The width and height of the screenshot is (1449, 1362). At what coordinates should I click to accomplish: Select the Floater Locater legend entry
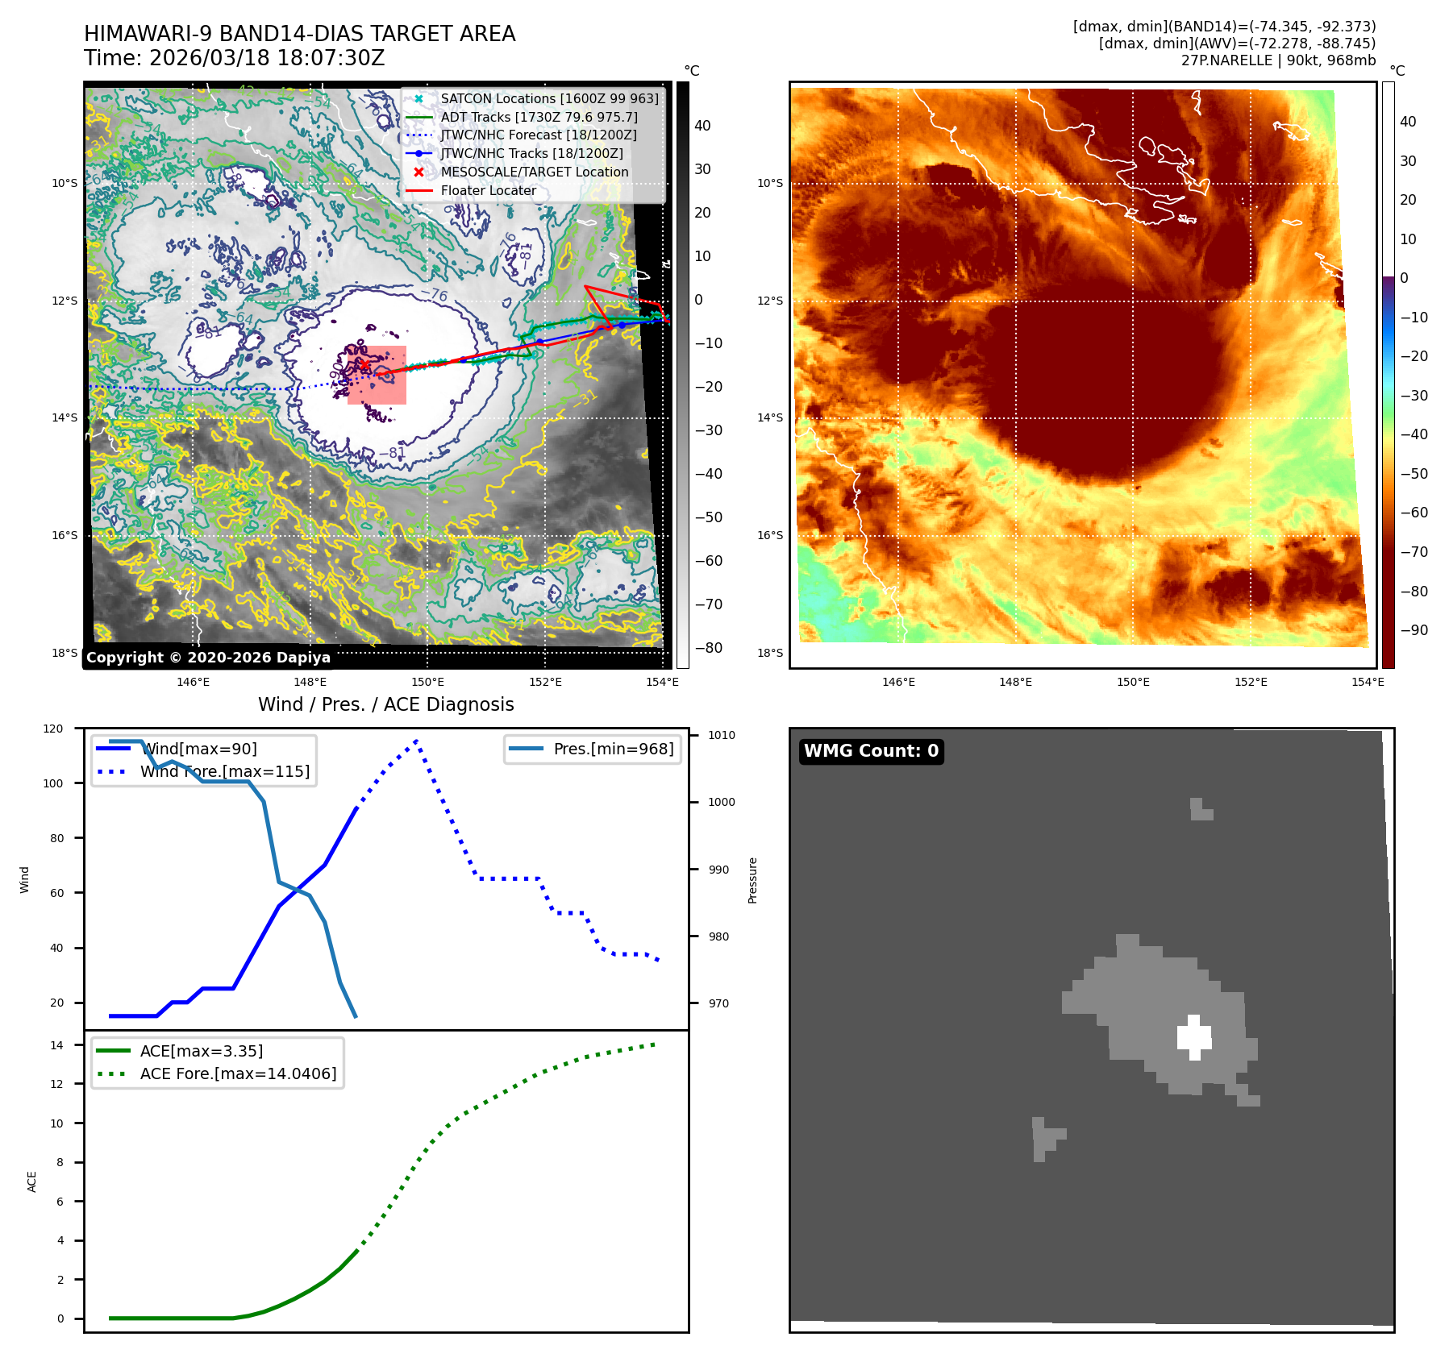click(488, 190)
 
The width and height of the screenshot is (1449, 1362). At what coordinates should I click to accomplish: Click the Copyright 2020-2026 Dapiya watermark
click(208, 658)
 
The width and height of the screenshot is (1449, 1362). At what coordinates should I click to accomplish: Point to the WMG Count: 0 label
click(871, 751)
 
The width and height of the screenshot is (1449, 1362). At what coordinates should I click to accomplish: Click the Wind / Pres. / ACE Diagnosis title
click(385, 704)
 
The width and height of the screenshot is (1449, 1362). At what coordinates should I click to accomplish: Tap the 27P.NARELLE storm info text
click(1278, 60)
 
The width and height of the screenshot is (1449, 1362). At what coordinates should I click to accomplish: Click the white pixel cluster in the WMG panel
click(1194, 1036)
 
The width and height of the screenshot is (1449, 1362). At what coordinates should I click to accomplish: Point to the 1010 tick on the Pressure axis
click(721, 735)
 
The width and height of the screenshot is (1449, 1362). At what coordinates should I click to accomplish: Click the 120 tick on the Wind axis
click(53, 729)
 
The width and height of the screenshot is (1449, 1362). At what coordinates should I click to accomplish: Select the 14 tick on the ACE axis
click(56, 1045)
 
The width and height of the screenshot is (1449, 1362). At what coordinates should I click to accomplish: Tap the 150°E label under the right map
click(1133, 682)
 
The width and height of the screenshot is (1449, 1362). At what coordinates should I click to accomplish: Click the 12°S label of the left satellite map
click(65, 301)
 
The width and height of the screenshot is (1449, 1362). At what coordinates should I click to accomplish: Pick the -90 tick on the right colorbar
click(1414, 630)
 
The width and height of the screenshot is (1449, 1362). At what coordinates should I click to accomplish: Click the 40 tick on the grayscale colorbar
click(702, 126)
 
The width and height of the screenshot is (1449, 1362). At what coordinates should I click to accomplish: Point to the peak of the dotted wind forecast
click(416, 740)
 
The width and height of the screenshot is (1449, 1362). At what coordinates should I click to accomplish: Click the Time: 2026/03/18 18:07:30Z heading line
click(234, 58)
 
